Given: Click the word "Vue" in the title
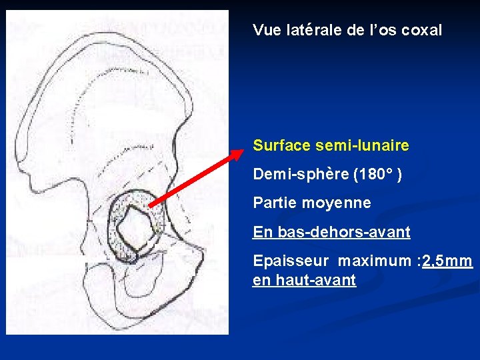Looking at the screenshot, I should [265, 30].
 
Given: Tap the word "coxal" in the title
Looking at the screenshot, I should [423, 30].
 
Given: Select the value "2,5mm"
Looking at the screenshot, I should [447, 261].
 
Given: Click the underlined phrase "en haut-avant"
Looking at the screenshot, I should [304, 281].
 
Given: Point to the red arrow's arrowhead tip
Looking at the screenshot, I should [243, 151].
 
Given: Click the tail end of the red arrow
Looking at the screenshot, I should [149, 206].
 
